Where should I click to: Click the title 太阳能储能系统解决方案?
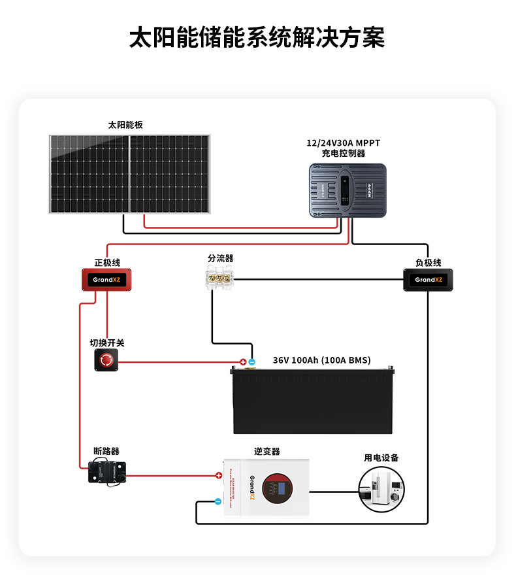(257, 38)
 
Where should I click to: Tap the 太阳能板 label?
(125, 124)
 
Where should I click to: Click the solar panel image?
(130, 174)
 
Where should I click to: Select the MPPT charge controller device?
(347, 191)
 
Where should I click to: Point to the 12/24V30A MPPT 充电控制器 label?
(343, 148)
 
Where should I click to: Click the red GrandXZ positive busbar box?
(106, 280)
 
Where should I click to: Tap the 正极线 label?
(107, 262)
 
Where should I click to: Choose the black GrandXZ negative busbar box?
(428, 280)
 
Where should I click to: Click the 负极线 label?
(428, 262)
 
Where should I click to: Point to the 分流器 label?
(221, 259)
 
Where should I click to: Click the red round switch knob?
(106, 360)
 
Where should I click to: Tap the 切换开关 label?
(107, 343)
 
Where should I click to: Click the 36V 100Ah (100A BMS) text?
(321, 360)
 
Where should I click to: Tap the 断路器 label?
(106, 451)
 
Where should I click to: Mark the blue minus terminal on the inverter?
(218, 502)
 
